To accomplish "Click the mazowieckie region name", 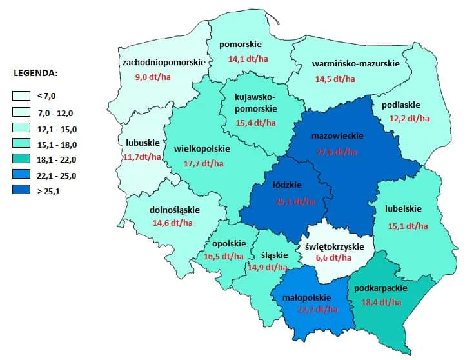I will (337, 136).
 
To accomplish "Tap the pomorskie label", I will (240, 45).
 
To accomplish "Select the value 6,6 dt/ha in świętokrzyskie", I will (334, 259).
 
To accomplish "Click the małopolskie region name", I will (307, 297).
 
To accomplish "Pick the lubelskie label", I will (403, 209).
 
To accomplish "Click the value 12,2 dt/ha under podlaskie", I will (409, 118).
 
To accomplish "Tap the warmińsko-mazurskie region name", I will (355, 63).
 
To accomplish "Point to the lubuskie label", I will (139, 143).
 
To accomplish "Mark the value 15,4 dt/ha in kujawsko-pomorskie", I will (255, 122).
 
